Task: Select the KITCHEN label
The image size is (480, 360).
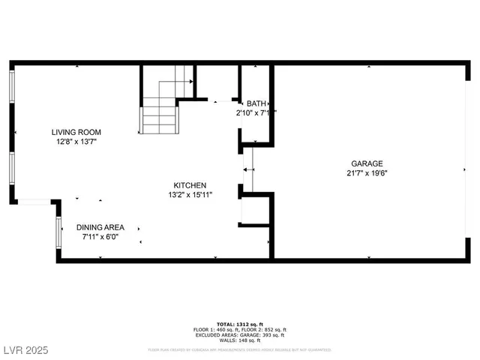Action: pyautogui.click(x=190, y=185)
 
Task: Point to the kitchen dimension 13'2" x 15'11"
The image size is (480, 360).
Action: pyautogui.click(x=190, y=195)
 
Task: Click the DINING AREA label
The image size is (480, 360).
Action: pyautogui.click(x=100, y=227)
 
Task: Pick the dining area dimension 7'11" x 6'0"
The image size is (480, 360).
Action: pyautogui.click(x=100, y=237)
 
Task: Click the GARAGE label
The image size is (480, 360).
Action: pyautogui.click(x=367, y=163)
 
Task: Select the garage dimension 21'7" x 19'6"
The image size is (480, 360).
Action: pyautogui.click(x=367, y=173)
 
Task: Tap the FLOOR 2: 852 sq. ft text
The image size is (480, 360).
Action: pyautogui.click(x=264, y=330)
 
